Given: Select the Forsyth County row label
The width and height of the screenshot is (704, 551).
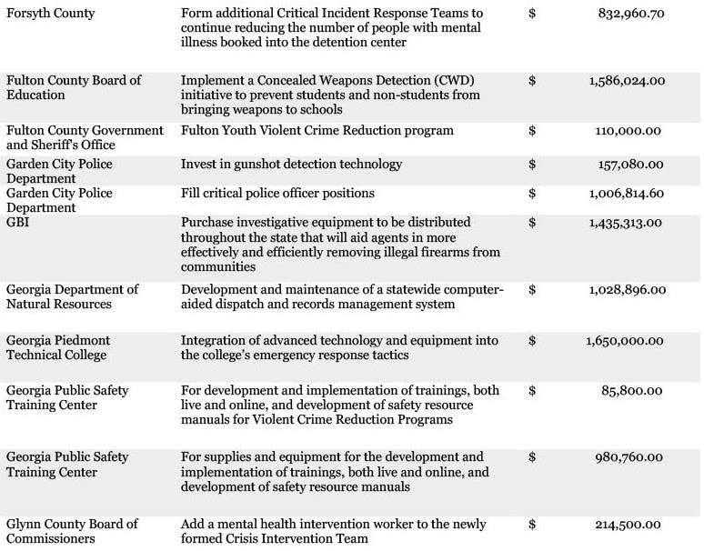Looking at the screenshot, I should click(50, 14).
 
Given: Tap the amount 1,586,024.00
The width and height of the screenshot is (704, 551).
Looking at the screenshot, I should click(627, 81).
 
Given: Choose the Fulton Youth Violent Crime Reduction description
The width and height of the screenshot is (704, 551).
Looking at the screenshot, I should click(317, 131).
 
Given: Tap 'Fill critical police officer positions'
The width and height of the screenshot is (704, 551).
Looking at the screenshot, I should click(277, 194).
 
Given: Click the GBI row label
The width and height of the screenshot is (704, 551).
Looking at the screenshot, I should click(19, 223).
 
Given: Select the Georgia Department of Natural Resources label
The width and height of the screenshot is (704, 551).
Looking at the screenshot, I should click(72, 296).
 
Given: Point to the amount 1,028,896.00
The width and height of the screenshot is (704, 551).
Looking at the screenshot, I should click(627, 290).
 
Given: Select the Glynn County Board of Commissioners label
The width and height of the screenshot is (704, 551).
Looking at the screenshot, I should click(72, 531).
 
